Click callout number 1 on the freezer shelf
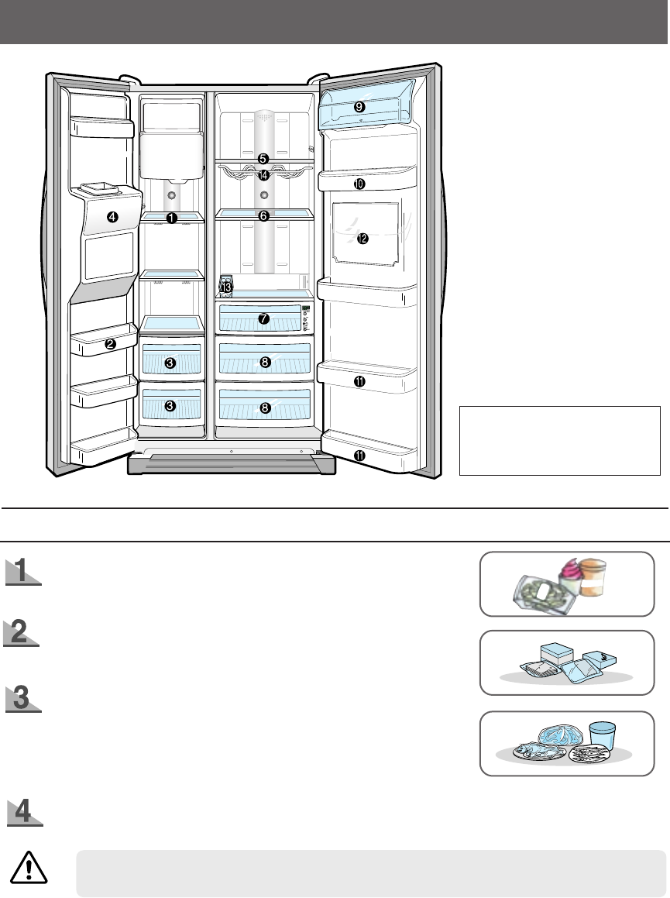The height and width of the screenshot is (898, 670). pyautogui.click(x=171, y=218)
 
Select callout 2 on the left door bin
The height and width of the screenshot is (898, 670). pyautogui.click(x=111, y=345)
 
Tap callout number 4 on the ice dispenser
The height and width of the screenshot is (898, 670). pyautogui.click(x=113, y=217)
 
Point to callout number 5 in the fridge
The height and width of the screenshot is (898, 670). pyautogui.click(x=263, y=158)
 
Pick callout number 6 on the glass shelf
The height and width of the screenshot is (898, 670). pyautogui.click(x=263, y=216)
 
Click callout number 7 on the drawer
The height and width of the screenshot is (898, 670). pyautogui.click(x=263, y=318)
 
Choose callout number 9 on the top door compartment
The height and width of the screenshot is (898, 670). pyautogui.click(x=359, y=108)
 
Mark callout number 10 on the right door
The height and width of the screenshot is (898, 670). pyautogui.click(x=359, y=184)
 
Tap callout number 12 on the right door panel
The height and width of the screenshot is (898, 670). pyautogui.click(x=362, y=239)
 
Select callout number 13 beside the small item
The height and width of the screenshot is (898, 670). pyautogui.click(x=226, y=287)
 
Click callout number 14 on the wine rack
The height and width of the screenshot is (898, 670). pyautogui.click(x=264, y=175)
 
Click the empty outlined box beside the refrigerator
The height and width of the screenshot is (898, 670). pyautogui.click(x=559, y=440)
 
